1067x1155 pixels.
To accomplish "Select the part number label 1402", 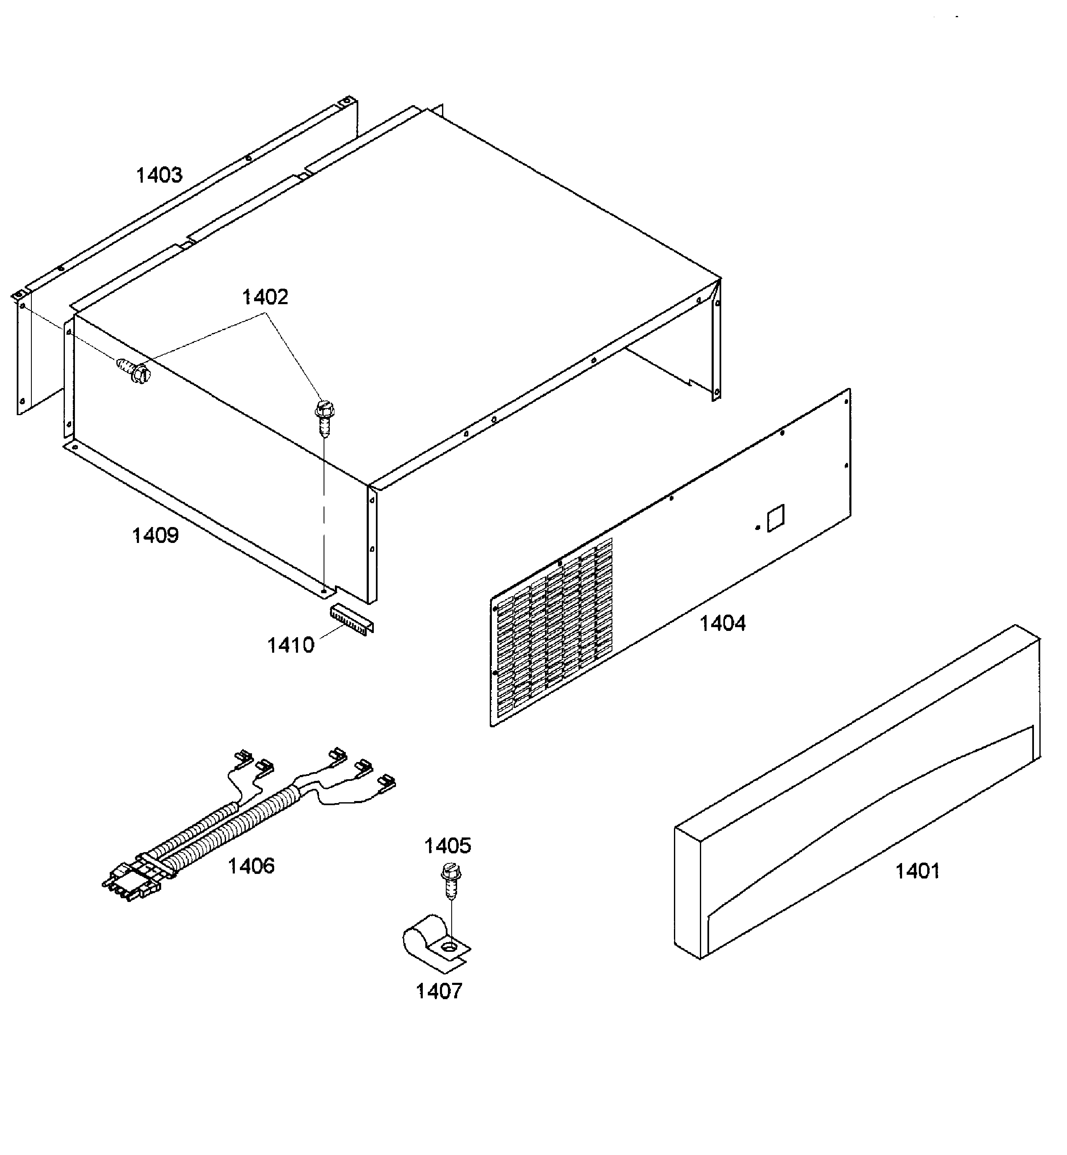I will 265,297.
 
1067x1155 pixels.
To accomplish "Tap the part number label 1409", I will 155,536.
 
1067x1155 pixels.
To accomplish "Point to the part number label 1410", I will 291,646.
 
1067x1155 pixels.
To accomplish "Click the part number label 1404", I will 722,623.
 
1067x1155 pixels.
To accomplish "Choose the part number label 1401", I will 917,871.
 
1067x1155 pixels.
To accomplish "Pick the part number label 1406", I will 251,866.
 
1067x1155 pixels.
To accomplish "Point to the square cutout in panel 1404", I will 775,518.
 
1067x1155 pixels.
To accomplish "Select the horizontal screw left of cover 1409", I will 134,370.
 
